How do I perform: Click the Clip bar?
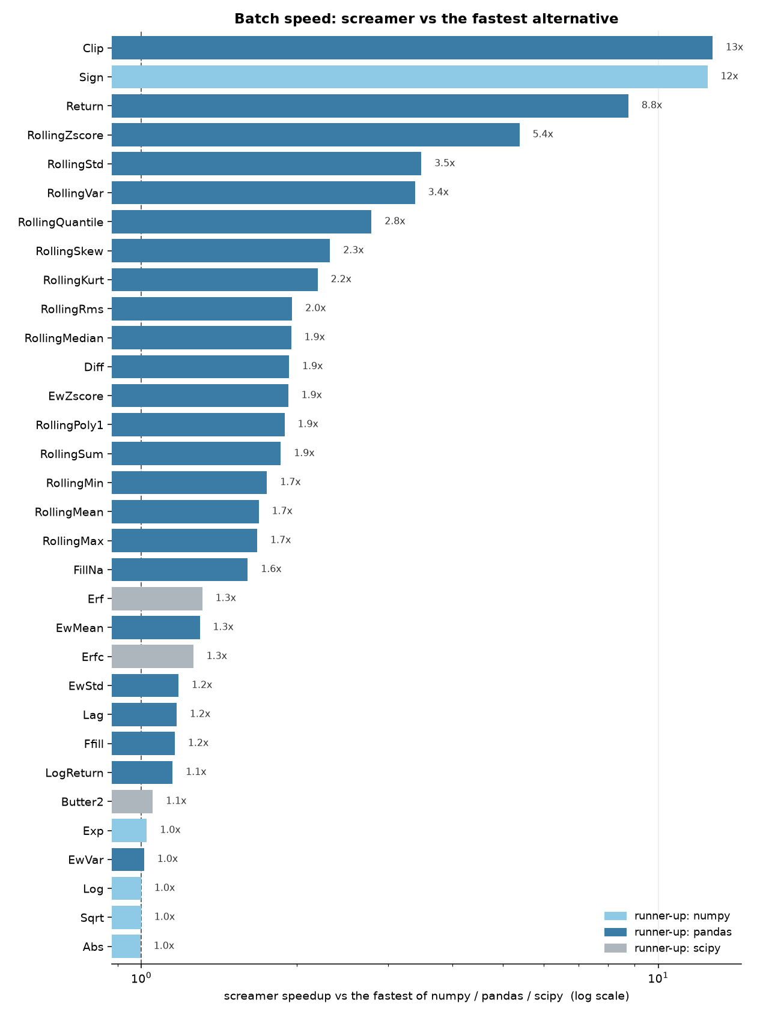point(412,47)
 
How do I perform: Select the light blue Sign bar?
point(410,77)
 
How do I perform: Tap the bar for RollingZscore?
point(316,135)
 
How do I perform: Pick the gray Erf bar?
point(157,598)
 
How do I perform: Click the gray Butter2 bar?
point(132,801)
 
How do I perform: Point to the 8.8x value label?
point(652,105)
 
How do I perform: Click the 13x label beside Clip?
point(734,47)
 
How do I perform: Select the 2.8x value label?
point(395,221)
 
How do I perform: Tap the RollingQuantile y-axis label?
point(61,223)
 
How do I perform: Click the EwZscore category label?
point(76,396)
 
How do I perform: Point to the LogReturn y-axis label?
point(74,773)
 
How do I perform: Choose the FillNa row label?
point(88,570)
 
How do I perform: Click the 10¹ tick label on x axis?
point(658,978)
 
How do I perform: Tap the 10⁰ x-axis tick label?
point(141,978)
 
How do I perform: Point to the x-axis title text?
point(426,996)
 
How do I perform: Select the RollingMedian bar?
point(202,338)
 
